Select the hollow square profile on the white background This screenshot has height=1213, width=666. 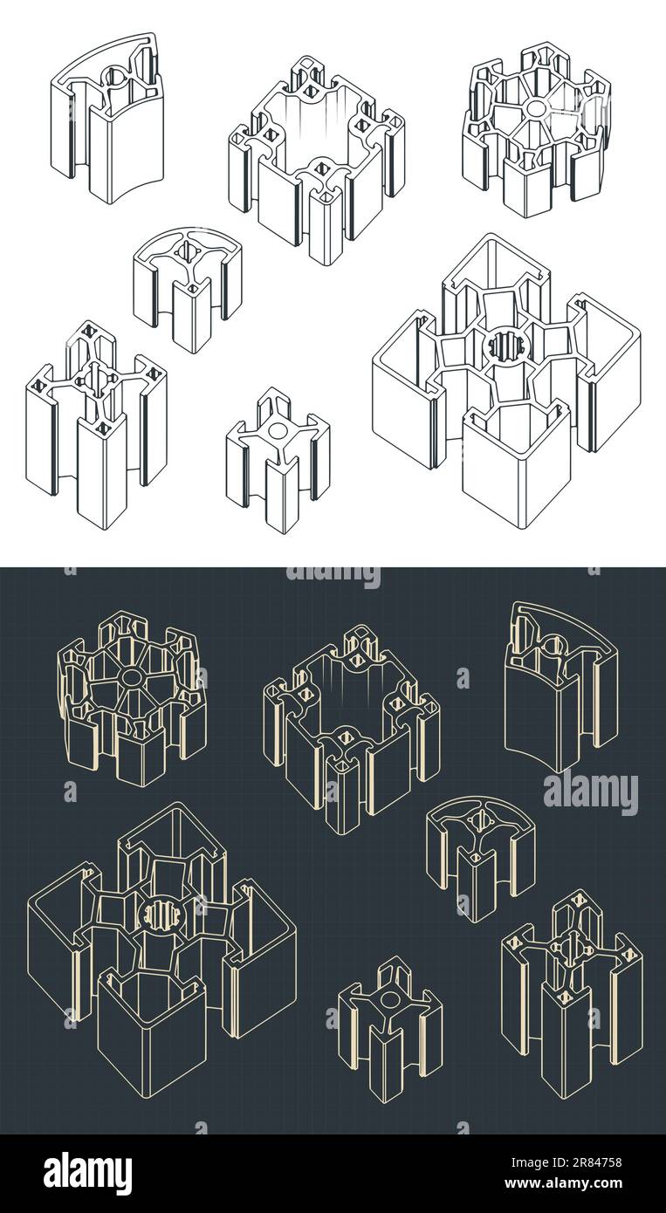[317, 161]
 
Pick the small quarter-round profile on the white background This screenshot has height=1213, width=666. [187, 288]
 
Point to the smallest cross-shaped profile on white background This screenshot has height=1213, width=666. [278, 461]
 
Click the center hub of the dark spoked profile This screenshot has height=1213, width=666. [132, 677]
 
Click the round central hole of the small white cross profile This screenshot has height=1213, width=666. [278, 429]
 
